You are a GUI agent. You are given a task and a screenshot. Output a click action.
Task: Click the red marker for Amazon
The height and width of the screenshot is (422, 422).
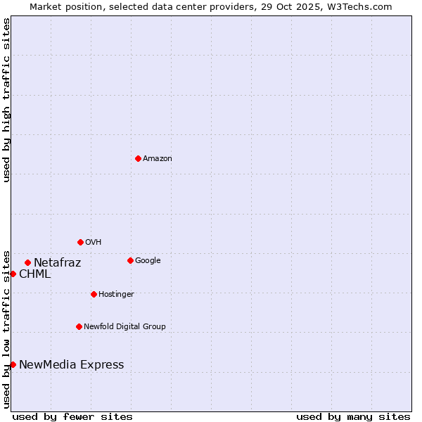click(138, 158)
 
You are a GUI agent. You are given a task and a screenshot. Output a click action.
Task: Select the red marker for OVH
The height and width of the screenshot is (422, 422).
click(80, 242)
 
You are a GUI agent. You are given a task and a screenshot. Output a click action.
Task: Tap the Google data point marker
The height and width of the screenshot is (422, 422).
click(130, 260)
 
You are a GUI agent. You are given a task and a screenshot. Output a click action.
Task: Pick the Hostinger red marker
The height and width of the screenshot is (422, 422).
click(94, 294)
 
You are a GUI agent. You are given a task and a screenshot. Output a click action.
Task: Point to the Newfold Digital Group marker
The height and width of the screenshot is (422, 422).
click(79, 326)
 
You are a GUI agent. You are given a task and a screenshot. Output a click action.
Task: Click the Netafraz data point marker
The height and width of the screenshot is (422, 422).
click(27, 262)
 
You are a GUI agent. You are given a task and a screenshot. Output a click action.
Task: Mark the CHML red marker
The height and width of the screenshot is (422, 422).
click(13, 274)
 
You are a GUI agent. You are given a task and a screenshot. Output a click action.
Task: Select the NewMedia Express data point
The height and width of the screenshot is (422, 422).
click(13, 364)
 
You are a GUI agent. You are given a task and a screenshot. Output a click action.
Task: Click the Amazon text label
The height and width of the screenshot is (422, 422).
click(158, 159)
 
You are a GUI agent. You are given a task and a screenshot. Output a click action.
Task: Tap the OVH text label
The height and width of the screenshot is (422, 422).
click(94, 243)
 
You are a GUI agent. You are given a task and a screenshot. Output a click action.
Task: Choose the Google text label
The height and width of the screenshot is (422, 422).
click(148, 261)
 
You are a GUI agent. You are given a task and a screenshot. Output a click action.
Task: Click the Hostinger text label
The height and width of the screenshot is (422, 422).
click(116, 295)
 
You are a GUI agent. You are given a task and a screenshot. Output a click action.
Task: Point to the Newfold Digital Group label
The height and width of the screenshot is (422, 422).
click(124, 327)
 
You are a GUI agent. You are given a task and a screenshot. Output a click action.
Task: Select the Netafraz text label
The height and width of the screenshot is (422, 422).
click(57, 263)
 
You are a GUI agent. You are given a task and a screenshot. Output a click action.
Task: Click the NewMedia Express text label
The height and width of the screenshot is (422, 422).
click(71, 364)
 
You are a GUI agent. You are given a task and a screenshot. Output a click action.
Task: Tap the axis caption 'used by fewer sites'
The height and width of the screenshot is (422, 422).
click(72, 416)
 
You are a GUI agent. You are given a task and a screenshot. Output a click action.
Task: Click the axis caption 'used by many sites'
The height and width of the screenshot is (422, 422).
click(353, 416)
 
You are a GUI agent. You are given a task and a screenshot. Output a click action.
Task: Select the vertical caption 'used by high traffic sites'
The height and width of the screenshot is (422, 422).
click(6, 100)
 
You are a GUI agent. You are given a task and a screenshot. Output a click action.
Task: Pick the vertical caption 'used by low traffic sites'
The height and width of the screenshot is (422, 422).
click(6, 328)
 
